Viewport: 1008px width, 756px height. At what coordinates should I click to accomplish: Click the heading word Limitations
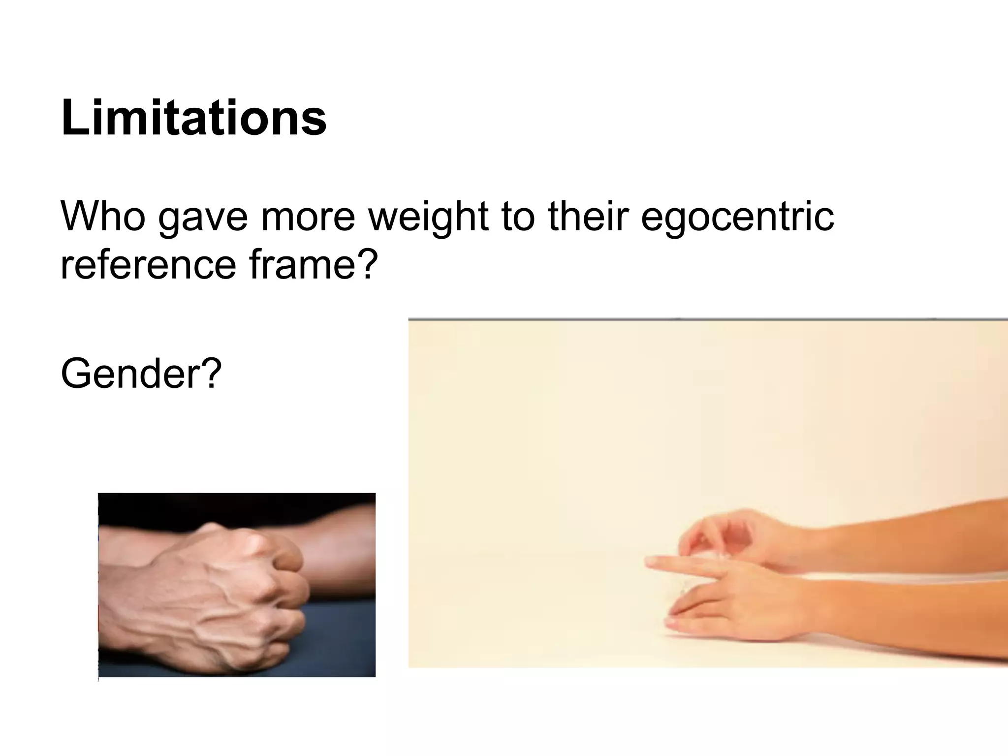click(193, 118)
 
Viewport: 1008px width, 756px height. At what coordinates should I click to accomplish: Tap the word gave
click(203, 217)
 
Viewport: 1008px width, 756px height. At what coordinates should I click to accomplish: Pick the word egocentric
click(737, 217)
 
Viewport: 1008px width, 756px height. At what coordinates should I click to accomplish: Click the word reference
click(148, 264)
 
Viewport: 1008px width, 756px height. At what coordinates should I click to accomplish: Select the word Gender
click(129, 374)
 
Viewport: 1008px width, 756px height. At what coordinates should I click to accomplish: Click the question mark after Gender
click(212, 374)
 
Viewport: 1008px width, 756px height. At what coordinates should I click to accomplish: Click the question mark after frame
click(368, 264)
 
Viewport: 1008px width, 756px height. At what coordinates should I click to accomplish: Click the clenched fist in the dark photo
click(221, 591)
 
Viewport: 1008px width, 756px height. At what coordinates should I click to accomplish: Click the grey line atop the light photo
click(689, 319)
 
